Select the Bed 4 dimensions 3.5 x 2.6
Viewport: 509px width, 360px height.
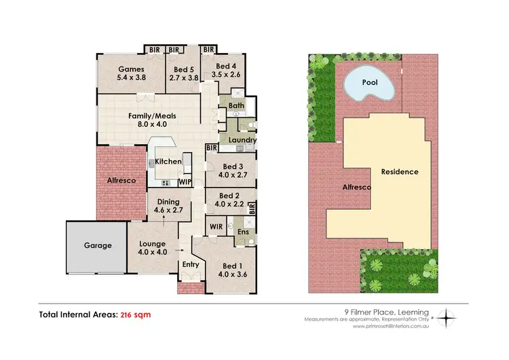226,75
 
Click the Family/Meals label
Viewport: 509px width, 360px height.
148,115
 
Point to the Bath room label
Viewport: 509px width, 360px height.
235,106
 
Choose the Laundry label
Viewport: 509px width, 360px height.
242,141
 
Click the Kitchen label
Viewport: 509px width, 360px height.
168,161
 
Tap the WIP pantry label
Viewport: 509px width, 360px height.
185,182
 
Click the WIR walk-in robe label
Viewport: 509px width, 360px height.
216,225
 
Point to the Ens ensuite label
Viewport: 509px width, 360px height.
242,232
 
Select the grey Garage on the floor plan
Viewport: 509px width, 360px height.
98,246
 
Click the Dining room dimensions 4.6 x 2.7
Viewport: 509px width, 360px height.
168,211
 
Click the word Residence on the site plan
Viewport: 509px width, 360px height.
399,172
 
